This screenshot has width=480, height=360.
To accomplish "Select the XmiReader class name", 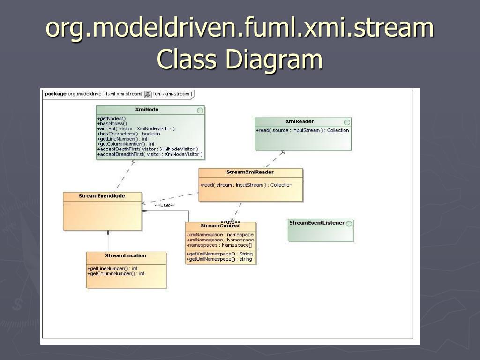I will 299,121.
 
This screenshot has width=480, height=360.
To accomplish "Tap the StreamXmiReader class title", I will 250,172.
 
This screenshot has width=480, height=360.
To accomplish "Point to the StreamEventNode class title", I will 102,196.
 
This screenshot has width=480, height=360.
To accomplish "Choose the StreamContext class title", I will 220,226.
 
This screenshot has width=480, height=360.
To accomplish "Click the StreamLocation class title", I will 126,255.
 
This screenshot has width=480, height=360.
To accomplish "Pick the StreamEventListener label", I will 317,223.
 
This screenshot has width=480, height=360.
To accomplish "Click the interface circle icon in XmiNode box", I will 200,110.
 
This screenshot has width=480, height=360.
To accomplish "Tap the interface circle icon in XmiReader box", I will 347,122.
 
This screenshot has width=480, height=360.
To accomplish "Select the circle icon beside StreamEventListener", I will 349,224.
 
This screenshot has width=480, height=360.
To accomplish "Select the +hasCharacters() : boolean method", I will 128,134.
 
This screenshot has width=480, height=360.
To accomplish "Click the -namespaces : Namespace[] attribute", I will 219,245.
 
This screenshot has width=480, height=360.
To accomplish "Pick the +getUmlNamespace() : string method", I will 219,259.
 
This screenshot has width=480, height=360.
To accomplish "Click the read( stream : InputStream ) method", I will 246,185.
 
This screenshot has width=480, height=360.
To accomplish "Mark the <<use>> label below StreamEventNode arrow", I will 165,205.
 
